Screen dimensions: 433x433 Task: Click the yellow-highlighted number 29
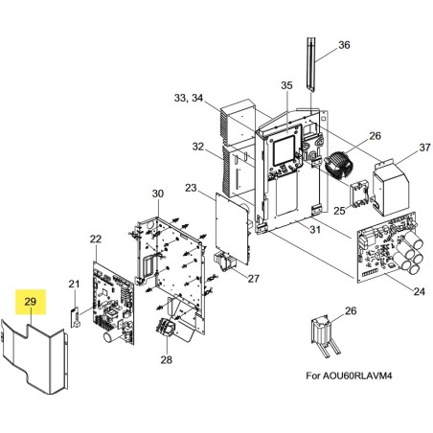coord(31,302)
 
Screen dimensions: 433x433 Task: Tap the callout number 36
coord(344,45)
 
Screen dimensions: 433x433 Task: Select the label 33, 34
coord(189,98)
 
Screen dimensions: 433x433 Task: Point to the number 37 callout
coord(424,148)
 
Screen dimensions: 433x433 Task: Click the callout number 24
coord(419,291)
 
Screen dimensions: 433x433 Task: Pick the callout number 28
coord(167,360)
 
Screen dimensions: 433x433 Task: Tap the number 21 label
coord(74,284)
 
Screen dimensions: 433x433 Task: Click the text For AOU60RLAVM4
coord(349,376)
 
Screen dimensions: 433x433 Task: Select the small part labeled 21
coord(75,317)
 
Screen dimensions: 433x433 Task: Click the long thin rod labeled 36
coord(310,64)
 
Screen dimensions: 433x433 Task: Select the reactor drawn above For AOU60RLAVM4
coord(325,336)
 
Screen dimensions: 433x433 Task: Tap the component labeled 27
coord(225,261)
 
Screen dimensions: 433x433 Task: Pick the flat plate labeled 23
coord(232,228)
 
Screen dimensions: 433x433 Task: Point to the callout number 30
coord(158,194)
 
